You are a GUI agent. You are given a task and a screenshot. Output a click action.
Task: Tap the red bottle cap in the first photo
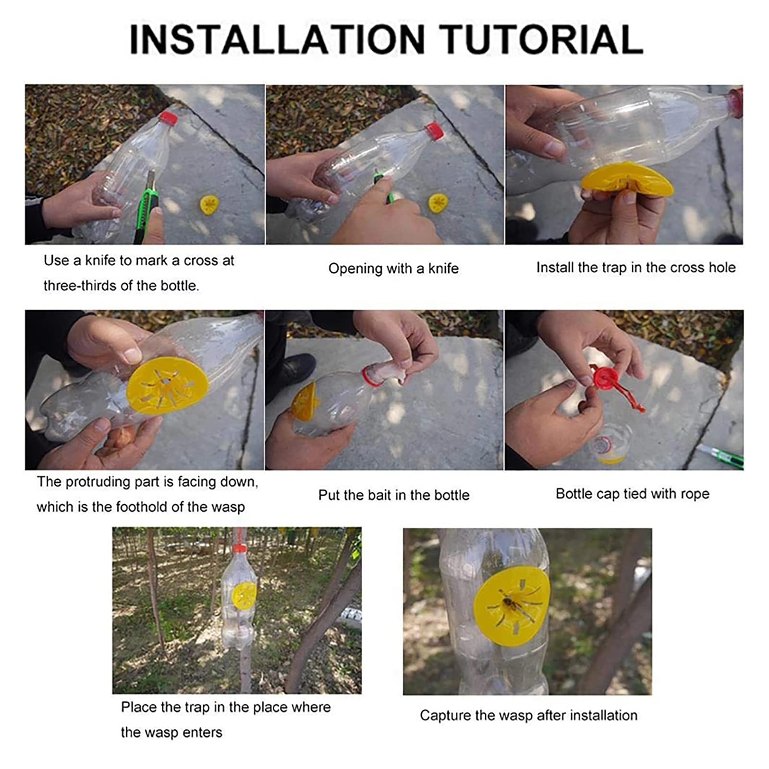point(168,118)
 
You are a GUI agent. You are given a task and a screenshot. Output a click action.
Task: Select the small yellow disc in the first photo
point(209,205)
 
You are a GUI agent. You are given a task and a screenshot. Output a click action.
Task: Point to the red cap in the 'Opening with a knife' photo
point(434,131)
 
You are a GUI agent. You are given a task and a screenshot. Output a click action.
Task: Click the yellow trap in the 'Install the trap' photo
point(627,179)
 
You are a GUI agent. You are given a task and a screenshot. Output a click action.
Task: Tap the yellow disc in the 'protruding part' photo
point(168,384)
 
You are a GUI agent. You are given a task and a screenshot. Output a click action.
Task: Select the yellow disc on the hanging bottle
point(244,595)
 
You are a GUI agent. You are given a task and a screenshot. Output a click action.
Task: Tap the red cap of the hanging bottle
point(240,548)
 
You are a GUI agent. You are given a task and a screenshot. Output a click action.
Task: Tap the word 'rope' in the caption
point(696,494)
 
